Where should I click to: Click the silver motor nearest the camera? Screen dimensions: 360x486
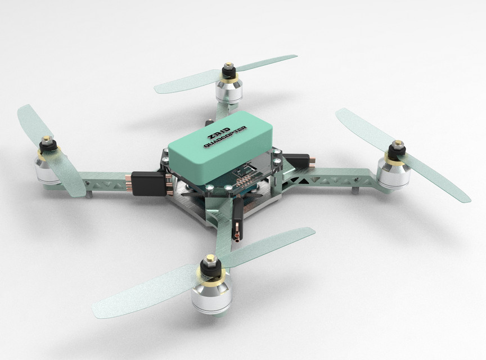click(211, 292)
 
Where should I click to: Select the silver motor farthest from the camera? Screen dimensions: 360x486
click(229, 91)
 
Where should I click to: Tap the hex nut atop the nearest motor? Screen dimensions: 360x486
click(211, 260)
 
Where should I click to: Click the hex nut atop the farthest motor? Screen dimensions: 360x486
click(228, 67)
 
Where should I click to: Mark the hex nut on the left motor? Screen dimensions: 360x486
click(47, 139)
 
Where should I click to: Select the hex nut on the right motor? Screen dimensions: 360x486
click(398, 146)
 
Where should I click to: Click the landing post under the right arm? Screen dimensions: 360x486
click(355, 190)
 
